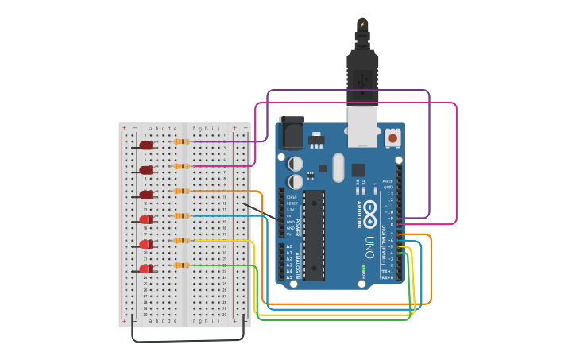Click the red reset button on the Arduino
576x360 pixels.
pos(392,138)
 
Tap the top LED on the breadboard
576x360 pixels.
pos(146,145)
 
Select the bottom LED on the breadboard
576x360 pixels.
pos(146,269)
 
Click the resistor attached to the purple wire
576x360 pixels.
pos(182,141)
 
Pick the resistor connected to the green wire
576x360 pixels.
pos(182,265)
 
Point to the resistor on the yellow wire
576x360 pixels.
pos(182,241)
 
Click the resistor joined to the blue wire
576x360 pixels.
pos(182,215)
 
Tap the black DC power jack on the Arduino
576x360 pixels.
pos(291,134)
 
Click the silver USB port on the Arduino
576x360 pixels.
pos(363,127)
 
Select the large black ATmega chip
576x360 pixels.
pos(314,234)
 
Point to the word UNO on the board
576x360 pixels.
pos(369,247)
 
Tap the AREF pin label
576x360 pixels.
pos(389,181)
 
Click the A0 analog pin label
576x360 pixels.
pos(289,247)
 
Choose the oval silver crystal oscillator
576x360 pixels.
pos(338,168)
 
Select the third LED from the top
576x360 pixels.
pos(146,195)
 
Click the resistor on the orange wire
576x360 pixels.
pos(182,191)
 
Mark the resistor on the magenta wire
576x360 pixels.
pos(182,166)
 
